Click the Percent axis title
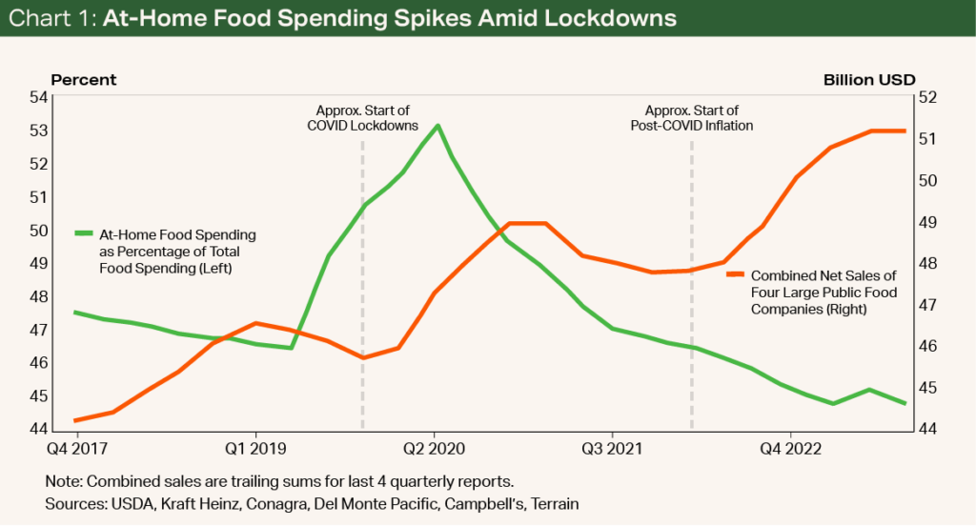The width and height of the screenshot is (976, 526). [83, 80]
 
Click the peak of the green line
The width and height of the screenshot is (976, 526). [437, 125]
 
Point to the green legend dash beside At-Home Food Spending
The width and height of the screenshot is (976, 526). [85, 233]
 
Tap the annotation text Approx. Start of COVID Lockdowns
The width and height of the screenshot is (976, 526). [362, 118]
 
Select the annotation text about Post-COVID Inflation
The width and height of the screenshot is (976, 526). [692, 118]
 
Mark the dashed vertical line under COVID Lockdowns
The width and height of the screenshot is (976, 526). [362, 286]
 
